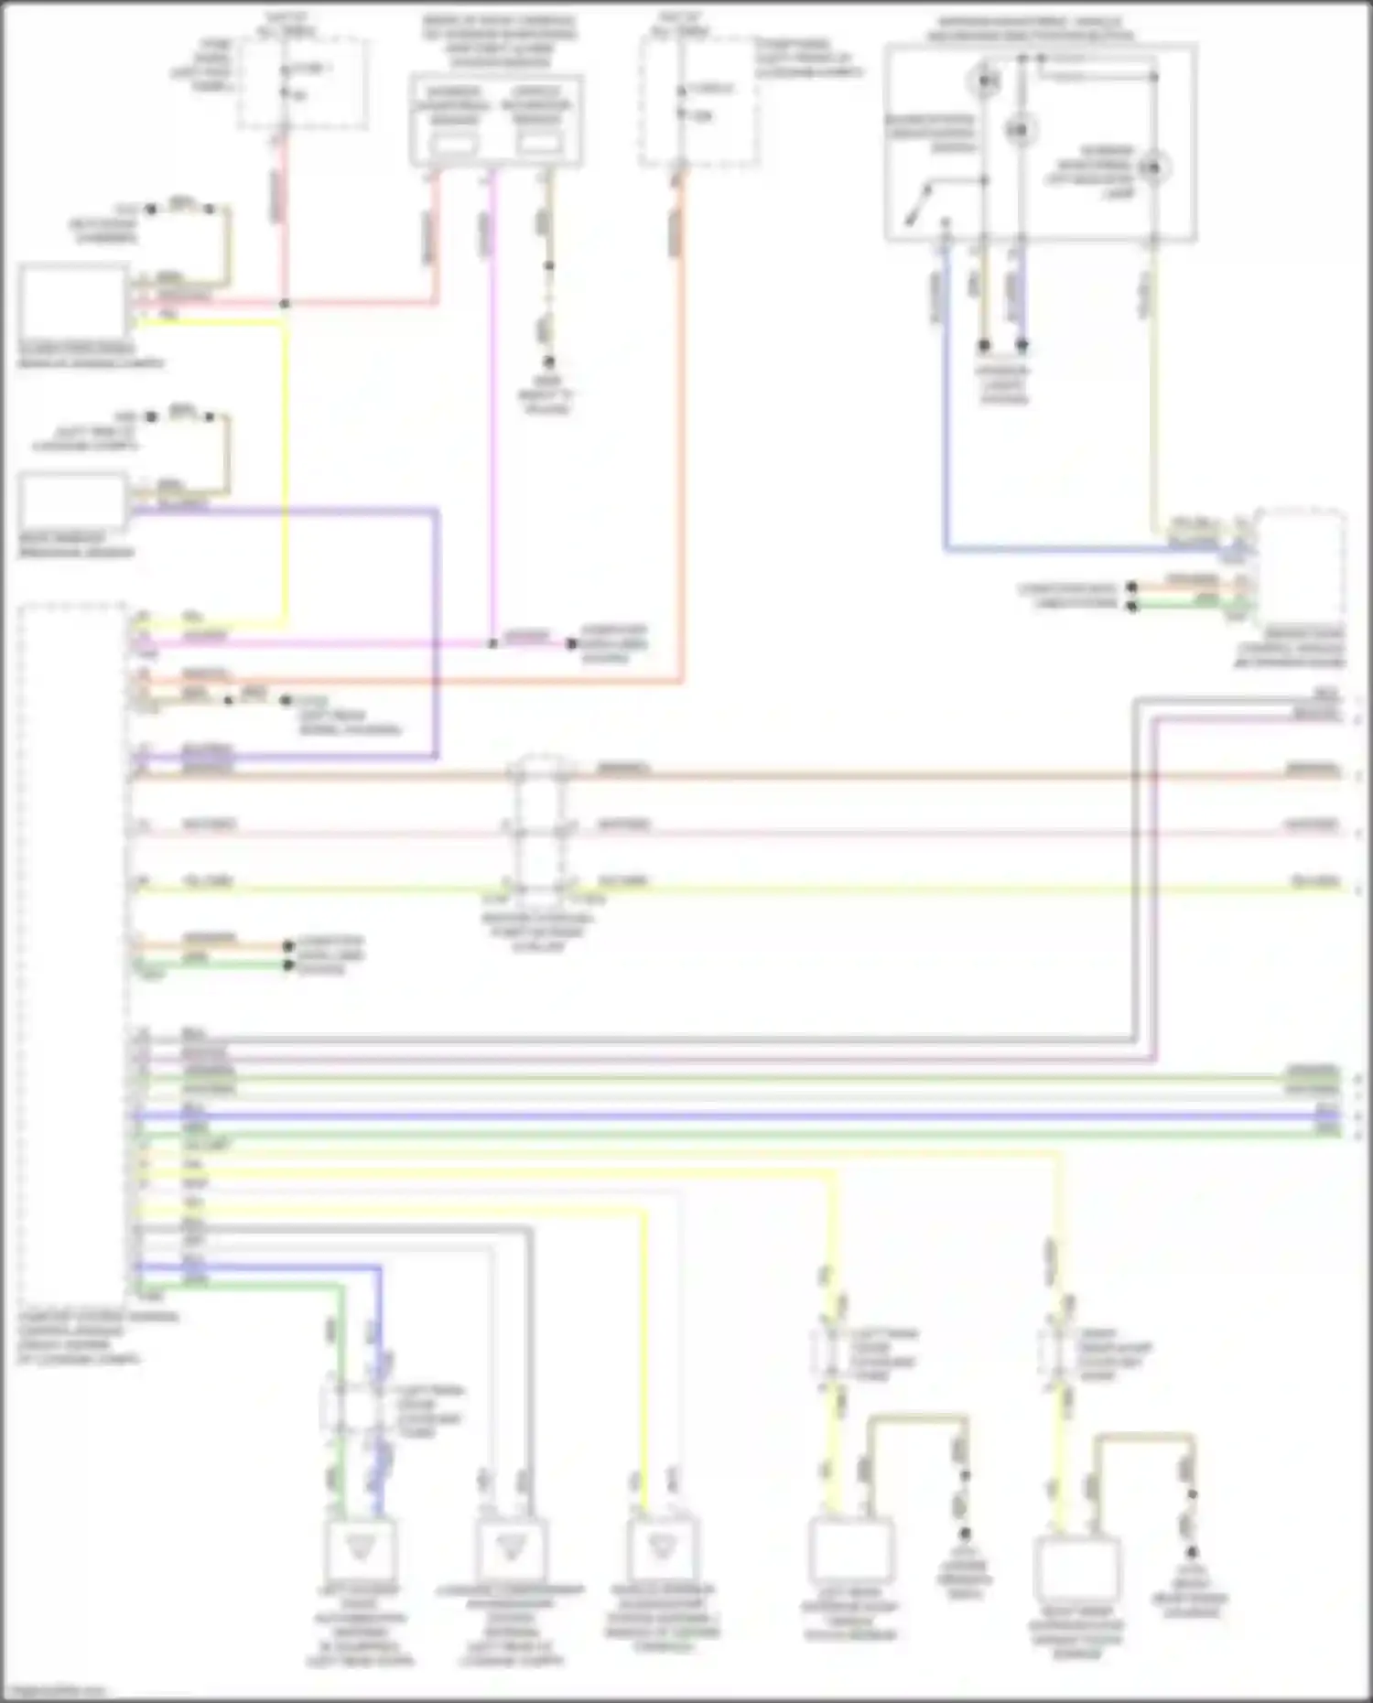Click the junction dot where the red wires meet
click(285, 303)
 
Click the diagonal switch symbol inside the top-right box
click(919, 203)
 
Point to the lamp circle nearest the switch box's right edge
click(1154, 167)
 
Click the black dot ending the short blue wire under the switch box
click(1022, 346)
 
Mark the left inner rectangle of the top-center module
click(454, 144)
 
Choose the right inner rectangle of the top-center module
click(538, 144)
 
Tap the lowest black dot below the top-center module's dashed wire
click(549, 362)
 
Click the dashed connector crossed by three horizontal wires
click(540, 828)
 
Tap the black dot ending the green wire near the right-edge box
click(1132, 606)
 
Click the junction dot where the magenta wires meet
click(492, 643)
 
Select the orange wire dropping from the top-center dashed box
click(679, 366)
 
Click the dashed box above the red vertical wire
click(303, 82)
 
